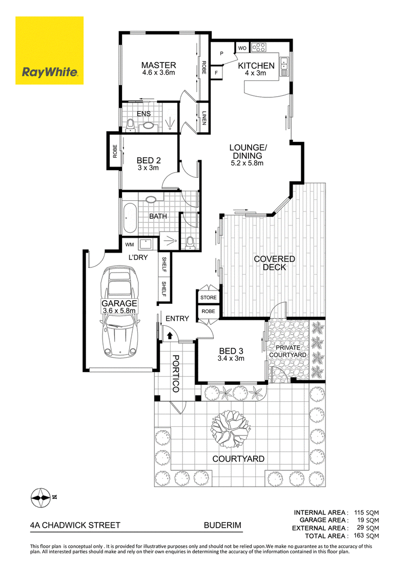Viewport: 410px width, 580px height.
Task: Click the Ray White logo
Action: pos(49,50)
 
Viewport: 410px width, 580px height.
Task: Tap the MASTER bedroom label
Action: pos(158,65)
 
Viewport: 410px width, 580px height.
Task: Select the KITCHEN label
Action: pos(256,66)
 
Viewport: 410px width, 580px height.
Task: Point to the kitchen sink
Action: pos(284,66)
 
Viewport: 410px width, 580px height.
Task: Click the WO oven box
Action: pos(242,48)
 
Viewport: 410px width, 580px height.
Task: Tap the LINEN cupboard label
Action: pos(204,118)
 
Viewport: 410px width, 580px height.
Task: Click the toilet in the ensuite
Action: pos(130,126)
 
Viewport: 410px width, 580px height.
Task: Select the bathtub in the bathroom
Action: pos(130,217)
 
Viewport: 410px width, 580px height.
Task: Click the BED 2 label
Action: pos(149,160)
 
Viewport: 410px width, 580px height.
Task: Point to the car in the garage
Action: pos(119,312)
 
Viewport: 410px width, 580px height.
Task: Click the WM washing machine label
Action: pos(129,244)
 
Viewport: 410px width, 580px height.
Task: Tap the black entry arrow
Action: pos(170,336)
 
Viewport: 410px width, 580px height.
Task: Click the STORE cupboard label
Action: pos(208,297)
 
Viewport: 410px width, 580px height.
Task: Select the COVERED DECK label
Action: pos(274,263)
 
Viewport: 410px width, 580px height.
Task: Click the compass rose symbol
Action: pos(40,498)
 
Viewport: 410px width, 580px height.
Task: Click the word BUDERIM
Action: pos(222,525)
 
